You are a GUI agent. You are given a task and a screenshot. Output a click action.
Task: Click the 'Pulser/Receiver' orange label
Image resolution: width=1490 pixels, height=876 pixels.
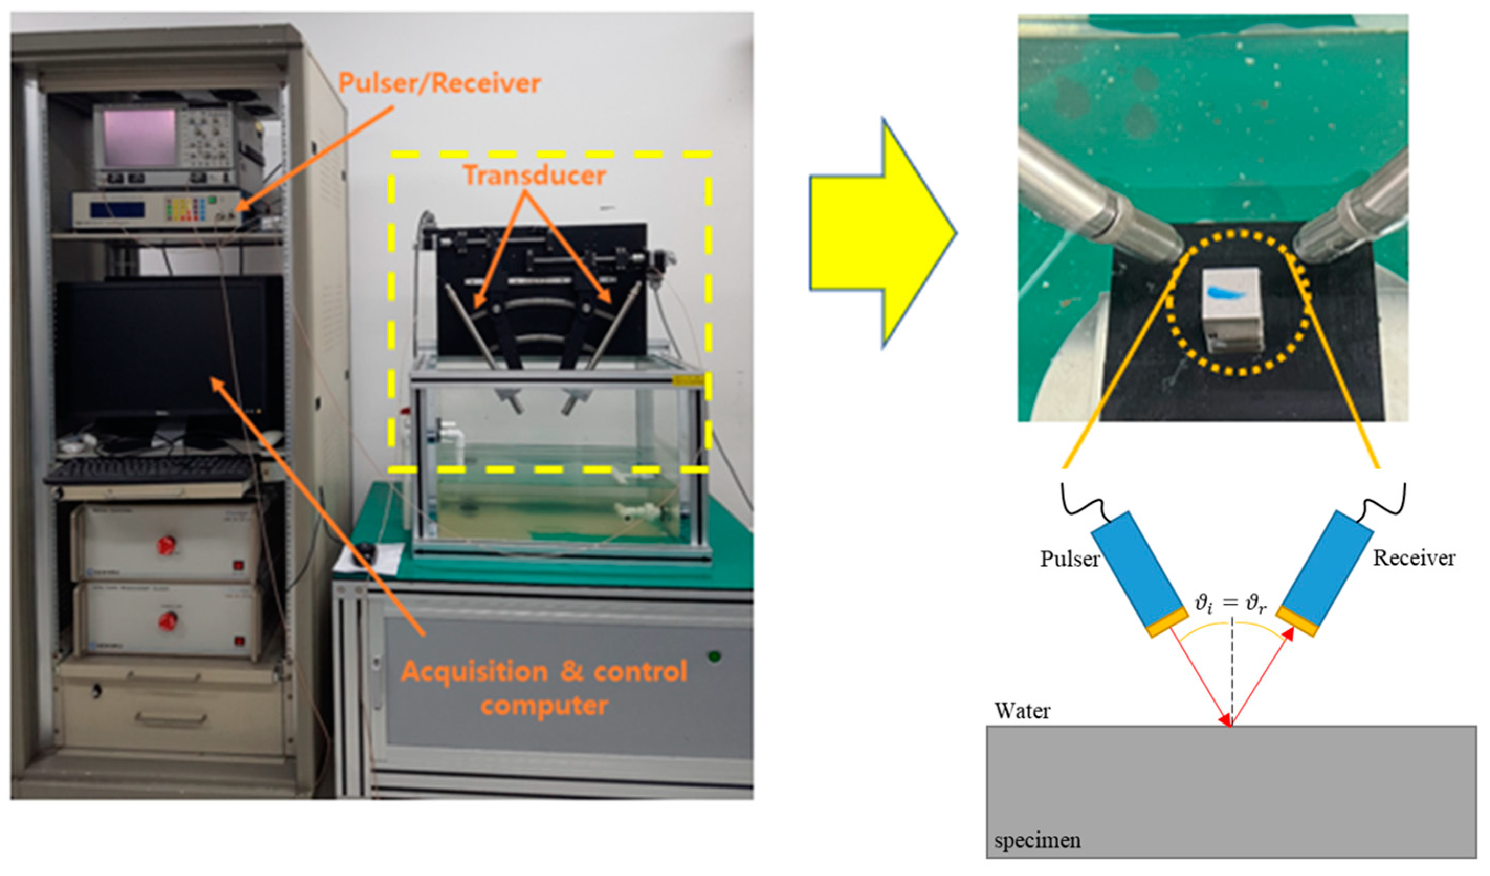pyautogui.click(x=439, y=84)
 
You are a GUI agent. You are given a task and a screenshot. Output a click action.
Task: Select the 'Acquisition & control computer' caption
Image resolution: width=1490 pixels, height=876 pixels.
pyautogui.click(x=544, y=689)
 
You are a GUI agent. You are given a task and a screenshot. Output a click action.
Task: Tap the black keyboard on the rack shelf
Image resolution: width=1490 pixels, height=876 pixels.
pyautogui.click(x=151, y=472)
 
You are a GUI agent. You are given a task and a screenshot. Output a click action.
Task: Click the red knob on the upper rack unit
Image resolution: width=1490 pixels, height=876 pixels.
pyautogui.click(x=166, y=544)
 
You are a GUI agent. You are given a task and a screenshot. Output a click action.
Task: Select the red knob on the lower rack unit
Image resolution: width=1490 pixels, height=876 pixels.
pyautogui.click(x=167, y=621)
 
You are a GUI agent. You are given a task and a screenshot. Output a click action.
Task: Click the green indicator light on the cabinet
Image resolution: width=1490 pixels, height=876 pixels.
pyautogui.click(x=715, y=656)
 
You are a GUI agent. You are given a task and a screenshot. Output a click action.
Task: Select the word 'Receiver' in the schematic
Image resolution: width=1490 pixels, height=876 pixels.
pyautogui.click(x=1414, y=558)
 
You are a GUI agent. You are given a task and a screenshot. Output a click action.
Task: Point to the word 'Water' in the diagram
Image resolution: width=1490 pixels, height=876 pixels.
pyautogui.click(x=1022, y=710)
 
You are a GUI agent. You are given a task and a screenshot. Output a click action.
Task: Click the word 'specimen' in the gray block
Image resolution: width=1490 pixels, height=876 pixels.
pyautogui.click(x=1037, y=840)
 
